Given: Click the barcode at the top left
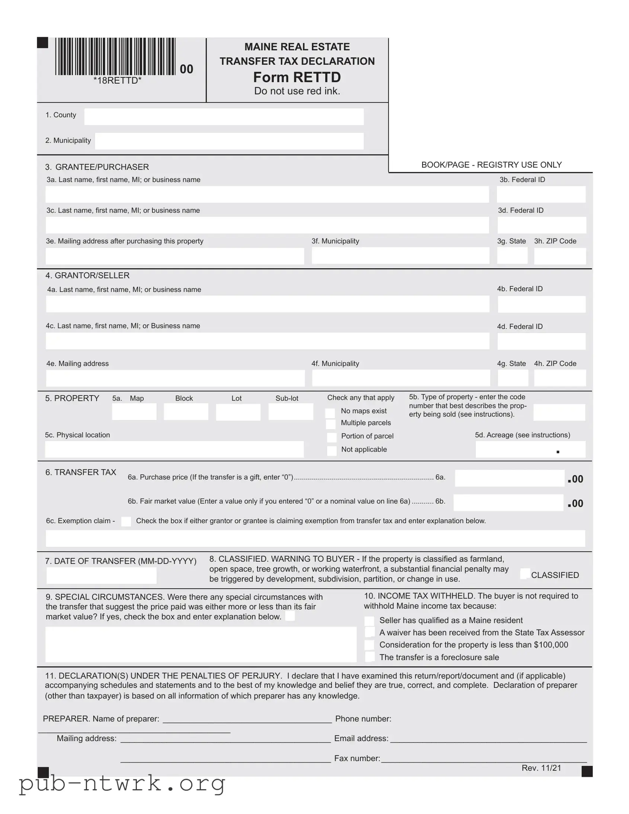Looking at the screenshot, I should [116, 57].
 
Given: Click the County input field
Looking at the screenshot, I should [224, 117].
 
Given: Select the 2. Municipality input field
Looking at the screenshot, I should [229, 141].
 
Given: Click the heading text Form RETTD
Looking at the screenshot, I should [297, 77].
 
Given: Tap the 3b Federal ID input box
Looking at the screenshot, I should [541, 195].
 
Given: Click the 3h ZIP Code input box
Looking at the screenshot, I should [559, 256].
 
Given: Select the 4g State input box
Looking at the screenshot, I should [513, 378].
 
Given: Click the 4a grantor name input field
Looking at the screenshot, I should [267, 304].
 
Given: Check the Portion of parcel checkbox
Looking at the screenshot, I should [331, 437].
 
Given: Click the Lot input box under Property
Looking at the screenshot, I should [238, 412].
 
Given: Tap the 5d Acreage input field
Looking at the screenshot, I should [530, 449].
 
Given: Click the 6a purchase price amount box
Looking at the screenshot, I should [509, 478].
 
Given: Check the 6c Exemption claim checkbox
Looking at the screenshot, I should [126, 522].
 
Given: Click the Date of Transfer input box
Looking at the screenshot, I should [101, 576].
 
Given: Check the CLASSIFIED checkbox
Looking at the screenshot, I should [525, 574].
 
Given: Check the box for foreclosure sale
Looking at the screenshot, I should [369, 657].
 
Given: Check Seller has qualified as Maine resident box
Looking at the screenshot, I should [369, 621].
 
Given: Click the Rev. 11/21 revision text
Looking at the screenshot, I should [541, 768].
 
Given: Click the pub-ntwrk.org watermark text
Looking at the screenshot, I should [122, 783].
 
